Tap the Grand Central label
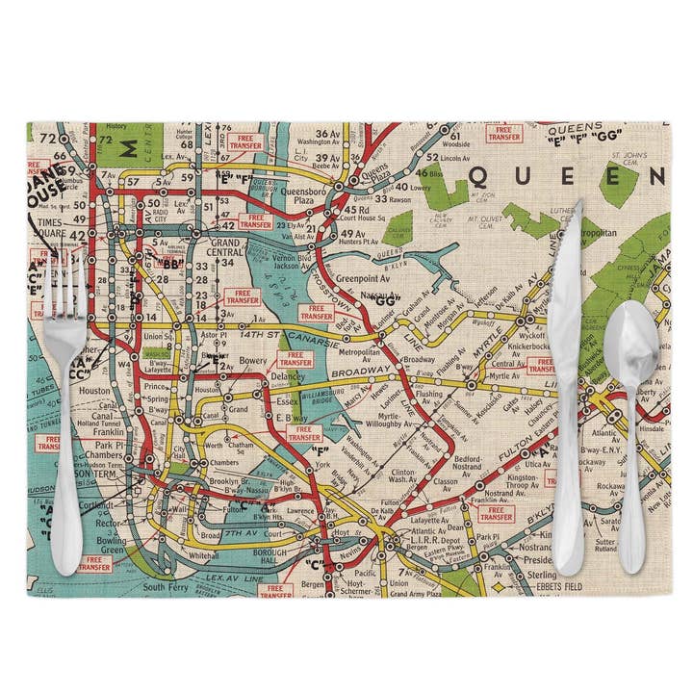tap(227, 248)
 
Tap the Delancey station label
tap(287, 376)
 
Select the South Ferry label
tap(167, 585)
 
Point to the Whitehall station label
tap(203, 555)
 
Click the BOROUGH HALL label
tap(269, 555)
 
